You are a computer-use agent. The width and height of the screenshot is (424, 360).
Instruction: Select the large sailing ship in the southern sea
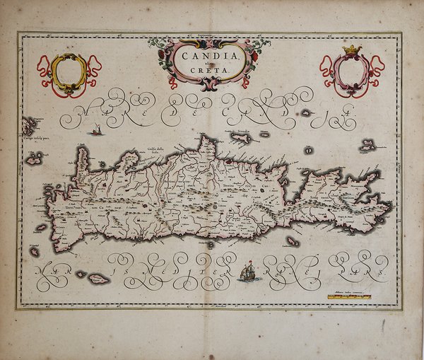247,269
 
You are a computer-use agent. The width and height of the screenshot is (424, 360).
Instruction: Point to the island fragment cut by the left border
27,127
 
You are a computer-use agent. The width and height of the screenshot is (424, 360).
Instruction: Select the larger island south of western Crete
97,279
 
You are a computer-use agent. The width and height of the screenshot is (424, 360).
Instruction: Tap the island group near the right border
367,146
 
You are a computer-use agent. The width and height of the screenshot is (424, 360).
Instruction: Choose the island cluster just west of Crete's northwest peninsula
34,160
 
